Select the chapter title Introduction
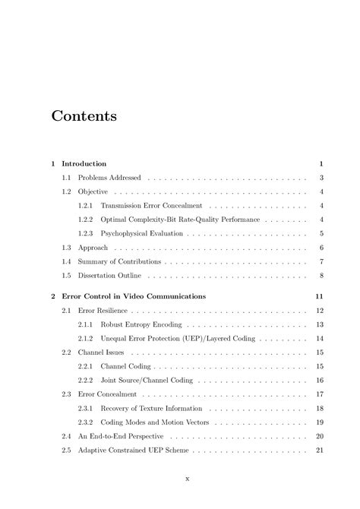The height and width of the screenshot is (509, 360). [84, 163]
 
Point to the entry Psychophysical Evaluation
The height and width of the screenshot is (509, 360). [141, 233]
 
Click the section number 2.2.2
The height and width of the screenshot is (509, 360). [86, 380]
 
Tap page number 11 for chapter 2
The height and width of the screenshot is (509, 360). [321, 296]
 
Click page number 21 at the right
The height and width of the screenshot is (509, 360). [321, 450]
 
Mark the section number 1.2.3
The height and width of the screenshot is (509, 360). [86, 233]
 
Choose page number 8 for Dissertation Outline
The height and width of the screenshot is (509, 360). [322, 275]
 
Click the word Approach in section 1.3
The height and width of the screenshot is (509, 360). [93, 248]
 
